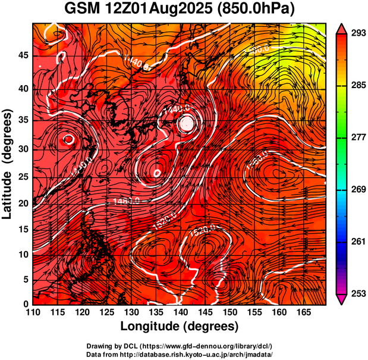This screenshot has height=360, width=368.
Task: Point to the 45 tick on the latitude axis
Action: coord(22,55)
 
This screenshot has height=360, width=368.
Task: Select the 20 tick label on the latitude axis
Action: coord(22,203)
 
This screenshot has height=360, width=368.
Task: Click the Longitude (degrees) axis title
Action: coord(180,327)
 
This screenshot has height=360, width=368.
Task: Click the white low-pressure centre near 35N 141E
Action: coord(187,123)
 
